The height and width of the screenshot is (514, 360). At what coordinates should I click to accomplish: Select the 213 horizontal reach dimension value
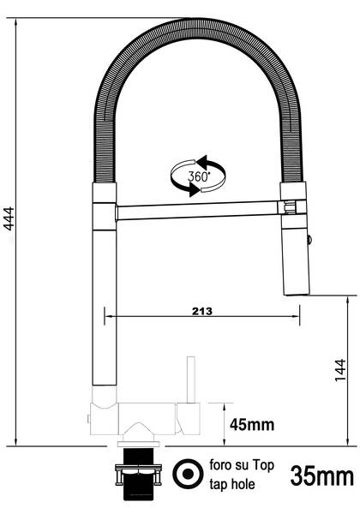[x=201, y=309]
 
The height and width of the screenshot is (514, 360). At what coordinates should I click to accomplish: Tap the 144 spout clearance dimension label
[x=340, y=369]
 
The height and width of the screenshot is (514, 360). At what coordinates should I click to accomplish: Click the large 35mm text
[x=322, y=475]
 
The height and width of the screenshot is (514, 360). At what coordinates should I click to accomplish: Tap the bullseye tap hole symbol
[x=185, y=474]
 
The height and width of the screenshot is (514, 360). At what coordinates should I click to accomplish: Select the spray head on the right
[x=293, y=253]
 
